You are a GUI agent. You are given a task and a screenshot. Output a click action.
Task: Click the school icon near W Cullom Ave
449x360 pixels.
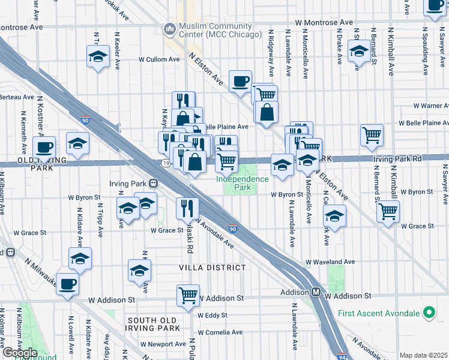click(x=98, y=58)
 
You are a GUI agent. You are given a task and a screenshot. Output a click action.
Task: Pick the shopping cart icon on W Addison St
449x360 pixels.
click(x=188, y=295)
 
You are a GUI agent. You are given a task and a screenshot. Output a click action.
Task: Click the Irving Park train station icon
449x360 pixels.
click(x=153, y=182)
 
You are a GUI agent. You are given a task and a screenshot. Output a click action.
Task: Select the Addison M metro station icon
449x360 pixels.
click(x=315, y=292)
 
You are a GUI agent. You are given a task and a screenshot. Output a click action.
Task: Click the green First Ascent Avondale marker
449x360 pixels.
click(x=429, y=313)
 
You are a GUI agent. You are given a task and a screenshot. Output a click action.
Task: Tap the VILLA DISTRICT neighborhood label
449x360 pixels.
click(x=213, y=267)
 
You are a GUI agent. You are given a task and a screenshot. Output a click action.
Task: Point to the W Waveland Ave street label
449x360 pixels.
click(x=330, y=262)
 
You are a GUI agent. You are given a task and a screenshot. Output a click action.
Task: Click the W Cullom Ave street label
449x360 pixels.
click(x=159, y=59)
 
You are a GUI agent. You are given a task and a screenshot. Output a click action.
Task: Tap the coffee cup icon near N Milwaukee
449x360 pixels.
click(x=68, y=283)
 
